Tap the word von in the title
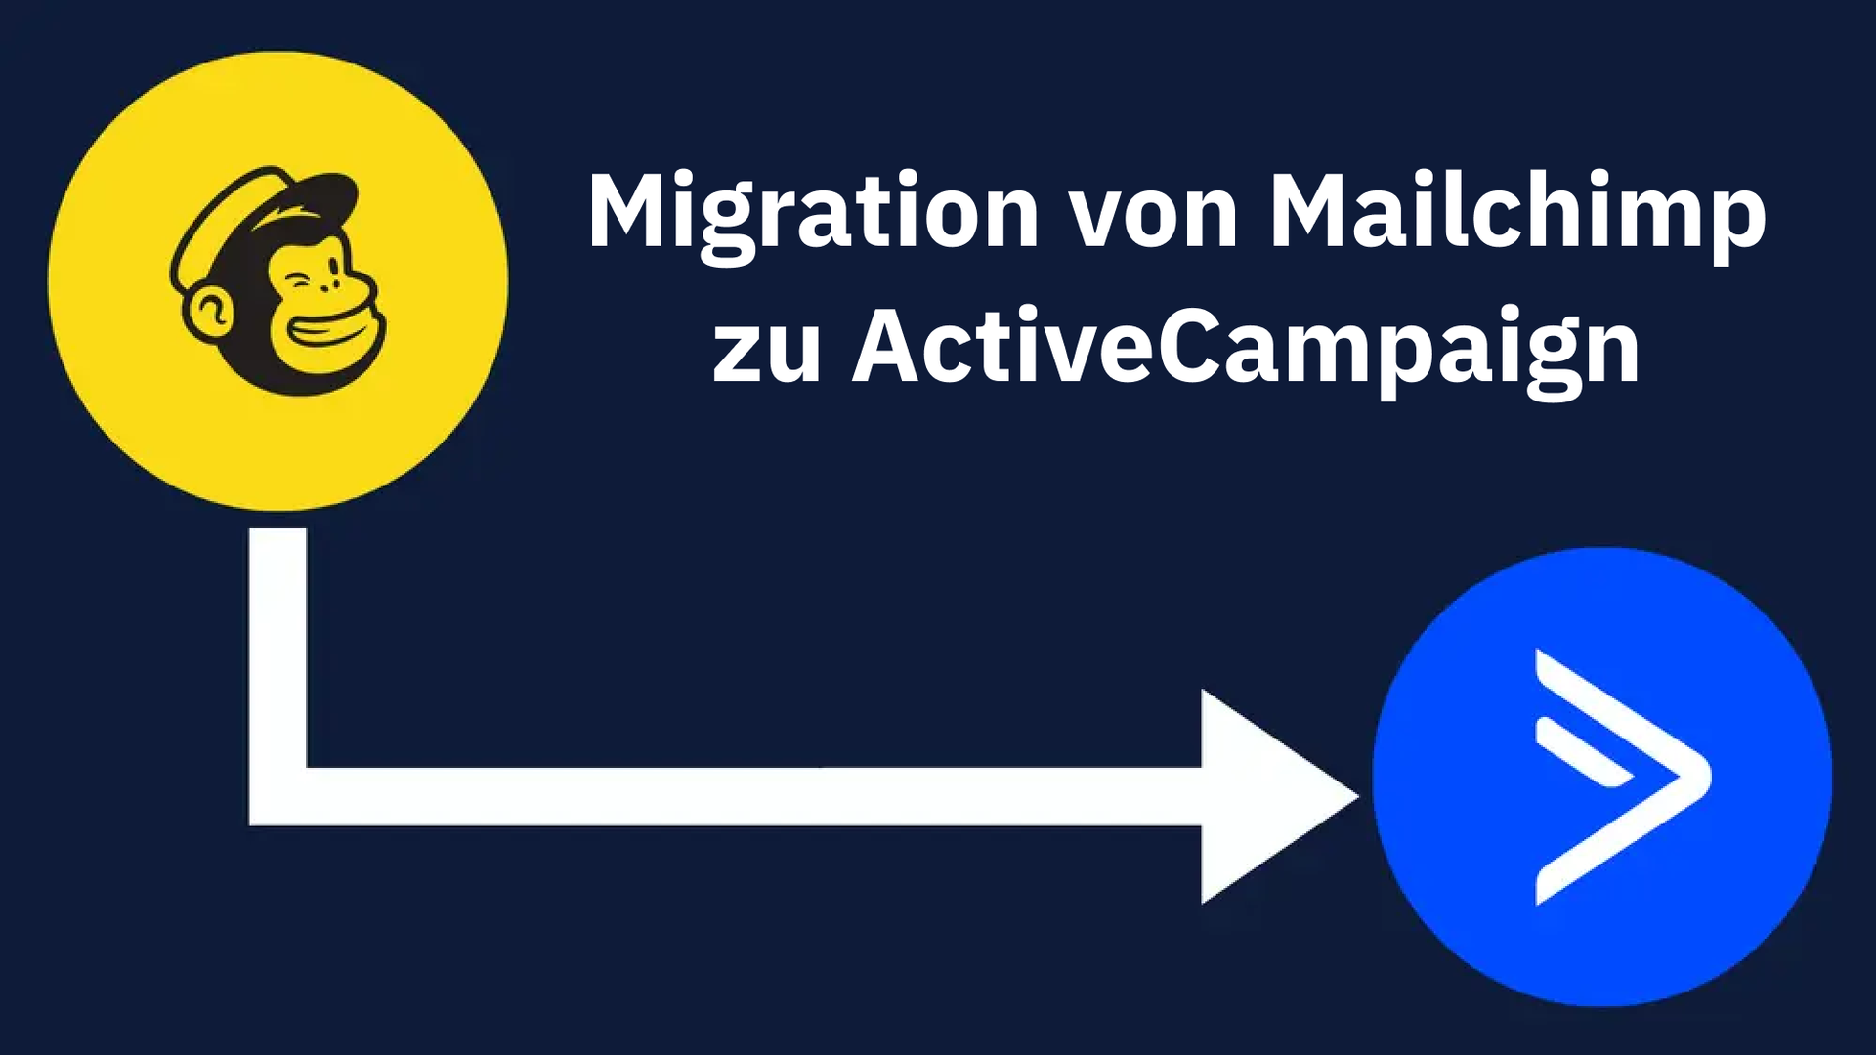(x=1154, y=217)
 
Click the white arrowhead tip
(x=1356, y=797)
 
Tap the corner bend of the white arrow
(x=278, y=796)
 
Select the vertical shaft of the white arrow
(x=278, y=648)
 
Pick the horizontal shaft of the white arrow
(x=753, y=796)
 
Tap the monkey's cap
(x=264, y=220)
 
